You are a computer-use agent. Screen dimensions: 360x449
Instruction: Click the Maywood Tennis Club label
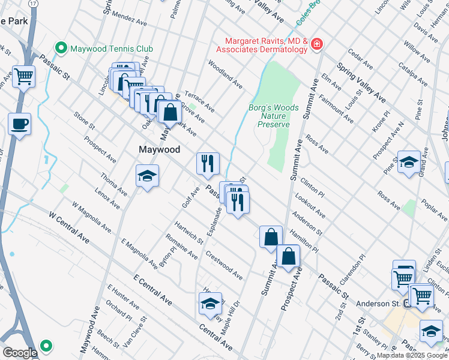112,49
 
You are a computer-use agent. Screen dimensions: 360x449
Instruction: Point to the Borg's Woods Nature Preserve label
274,116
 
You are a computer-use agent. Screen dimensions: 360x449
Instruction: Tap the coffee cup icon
19,124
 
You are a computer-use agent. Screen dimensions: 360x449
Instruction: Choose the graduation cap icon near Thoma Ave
147,176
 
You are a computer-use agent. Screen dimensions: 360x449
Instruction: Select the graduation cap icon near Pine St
409,162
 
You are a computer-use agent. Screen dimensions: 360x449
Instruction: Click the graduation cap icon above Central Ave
210,303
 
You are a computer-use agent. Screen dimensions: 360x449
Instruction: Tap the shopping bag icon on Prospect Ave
289,256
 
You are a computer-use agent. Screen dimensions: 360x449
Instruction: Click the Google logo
20,353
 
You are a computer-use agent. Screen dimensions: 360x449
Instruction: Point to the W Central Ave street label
69,228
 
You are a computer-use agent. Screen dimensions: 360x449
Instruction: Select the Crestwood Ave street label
224,265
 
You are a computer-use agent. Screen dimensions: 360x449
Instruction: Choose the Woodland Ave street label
225,74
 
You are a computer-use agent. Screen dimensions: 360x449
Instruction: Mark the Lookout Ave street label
310,206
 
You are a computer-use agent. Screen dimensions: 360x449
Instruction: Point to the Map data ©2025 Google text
412,355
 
